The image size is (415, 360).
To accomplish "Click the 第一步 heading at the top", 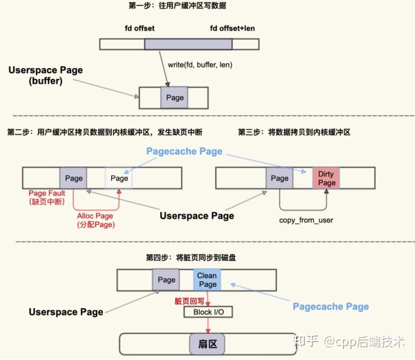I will pos(178,6).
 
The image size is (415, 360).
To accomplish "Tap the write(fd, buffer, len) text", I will pos(199,65).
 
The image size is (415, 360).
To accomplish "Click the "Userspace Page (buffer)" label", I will pos(46,75).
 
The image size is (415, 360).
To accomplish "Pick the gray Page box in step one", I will pos(175,97).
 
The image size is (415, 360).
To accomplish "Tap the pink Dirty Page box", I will pos(326,178).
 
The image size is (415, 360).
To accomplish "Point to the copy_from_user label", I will pos(305,220).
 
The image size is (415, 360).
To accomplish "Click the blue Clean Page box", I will pos(207,280).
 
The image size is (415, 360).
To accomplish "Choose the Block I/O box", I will pos(207,312).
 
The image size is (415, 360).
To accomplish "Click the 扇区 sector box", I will pos(202,344).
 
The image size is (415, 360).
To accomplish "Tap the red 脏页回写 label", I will pos(189,301).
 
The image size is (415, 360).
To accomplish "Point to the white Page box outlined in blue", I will pos(119,178).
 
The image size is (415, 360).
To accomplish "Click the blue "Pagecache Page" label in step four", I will pos(330,306).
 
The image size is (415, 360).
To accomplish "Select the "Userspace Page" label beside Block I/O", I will pos(66,312).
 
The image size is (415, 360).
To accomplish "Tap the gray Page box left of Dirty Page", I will pos(280,178).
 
